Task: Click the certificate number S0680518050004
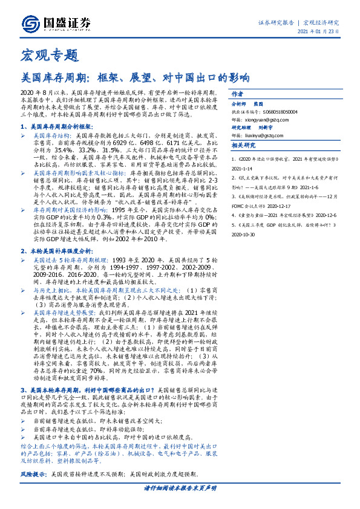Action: click(280, 111)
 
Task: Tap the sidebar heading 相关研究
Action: click(244, 146)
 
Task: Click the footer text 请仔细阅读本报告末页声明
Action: click(180, 488)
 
